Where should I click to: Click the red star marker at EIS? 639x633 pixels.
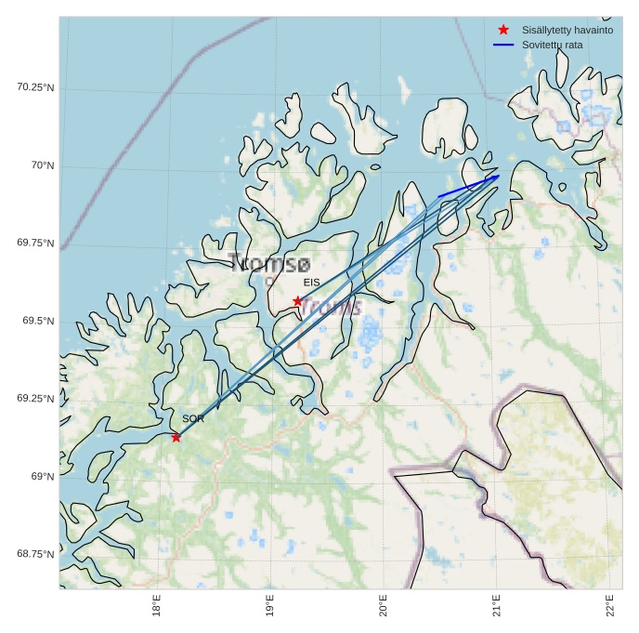click(297, 300)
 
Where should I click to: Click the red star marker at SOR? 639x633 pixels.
click(176, 437)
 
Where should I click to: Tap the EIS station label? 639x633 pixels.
click(311, 282)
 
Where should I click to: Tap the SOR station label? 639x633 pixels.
click(193, 419)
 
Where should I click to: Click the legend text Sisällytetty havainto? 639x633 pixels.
click(567, 30)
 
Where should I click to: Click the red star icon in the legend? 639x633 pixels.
click(503, 30)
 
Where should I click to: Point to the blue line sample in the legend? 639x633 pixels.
click(503, 45)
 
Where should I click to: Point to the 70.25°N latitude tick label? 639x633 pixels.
click(35, 87)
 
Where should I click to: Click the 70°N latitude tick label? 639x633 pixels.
click(43, 165)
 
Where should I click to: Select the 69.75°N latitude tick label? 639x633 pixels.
click(35, 244)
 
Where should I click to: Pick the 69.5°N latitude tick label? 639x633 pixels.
click(38, 321)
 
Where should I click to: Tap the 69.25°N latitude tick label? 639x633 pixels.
click(35, 399)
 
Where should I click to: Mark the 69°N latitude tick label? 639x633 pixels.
click(43, 477)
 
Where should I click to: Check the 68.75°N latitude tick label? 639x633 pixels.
click(35, 554)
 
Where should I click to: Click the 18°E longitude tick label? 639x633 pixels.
click(157, 605)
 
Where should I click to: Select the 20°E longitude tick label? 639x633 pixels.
click(383, 605)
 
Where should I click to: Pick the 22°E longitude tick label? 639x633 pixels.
click(609, 605)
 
